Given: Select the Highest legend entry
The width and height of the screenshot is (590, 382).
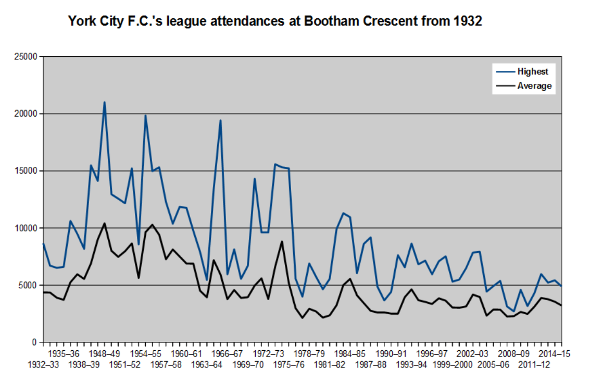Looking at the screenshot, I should (532, 71).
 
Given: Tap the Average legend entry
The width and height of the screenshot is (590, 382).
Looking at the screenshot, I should (534, 86).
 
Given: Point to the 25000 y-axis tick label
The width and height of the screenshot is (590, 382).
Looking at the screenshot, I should (26, 57).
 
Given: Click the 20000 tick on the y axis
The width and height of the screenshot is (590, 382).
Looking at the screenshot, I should (26, 114).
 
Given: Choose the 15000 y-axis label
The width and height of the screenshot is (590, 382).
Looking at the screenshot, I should (26, 171).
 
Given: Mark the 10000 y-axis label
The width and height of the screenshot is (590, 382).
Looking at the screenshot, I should (26, 228).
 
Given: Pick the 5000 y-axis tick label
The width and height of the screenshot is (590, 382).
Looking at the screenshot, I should (28, 286).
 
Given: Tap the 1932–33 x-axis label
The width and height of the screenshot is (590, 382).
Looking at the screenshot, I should (43, 365).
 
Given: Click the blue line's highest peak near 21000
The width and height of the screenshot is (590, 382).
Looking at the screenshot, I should (105, 102).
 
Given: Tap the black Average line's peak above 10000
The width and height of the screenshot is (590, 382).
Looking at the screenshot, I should (105, 224).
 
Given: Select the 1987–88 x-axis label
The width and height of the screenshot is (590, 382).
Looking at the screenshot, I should (371, 365).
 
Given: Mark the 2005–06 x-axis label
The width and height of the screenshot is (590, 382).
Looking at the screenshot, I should (493, 365).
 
